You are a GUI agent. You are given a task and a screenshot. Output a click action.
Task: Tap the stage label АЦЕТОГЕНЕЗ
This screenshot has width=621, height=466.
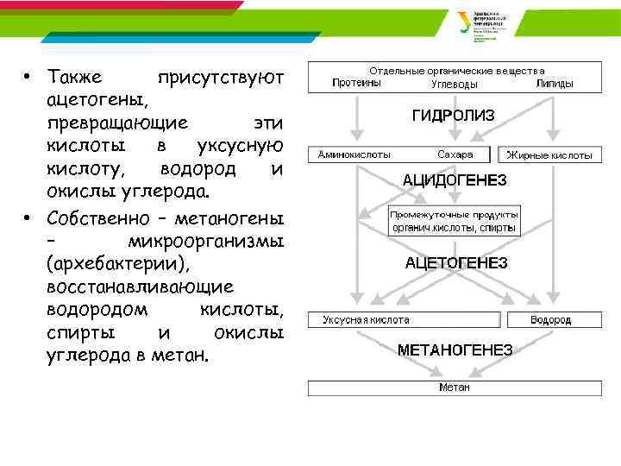coord(456,261)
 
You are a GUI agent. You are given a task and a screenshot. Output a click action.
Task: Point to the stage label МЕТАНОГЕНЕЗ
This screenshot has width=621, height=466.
coord(455,350)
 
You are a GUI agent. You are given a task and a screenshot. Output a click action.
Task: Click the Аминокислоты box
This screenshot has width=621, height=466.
coord(355,155)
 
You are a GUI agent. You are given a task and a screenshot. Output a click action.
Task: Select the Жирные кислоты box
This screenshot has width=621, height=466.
coord(549,155)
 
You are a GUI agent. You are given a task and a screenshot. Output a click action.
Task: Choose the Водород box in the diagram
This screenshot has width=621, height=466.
coord(552,319)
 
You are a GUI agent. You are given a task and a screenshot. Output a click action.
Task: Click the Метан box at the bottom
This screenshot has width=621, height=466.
coord(455,387)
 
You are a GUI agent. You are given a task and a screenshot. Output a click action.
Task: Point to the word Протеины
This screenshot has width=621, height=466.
coord(356,84)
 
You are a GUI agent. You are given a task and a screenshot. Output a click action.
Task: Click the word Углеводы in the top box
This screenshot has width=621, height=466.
coord(455,85)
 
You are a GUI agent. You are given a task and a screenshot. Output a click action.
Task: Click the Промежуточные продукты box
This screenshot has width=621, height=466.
coord(455,221)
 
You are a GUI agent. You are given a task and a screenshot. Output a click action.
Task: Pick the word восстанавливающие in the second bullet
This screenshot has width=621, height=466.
coord(135,286)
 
